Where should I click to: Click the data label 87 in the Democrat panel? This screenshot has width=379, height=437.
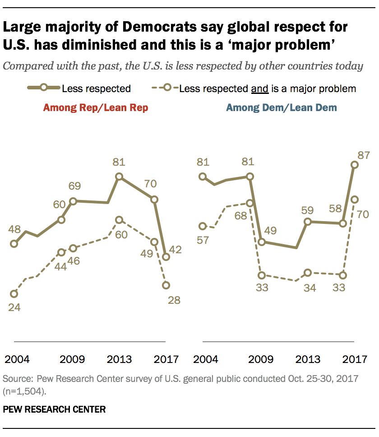pyautogui.click(x=364, y=156)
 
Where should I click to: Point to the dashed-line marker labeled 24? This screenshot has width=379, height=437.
pyautogui.click(x=14, y=294)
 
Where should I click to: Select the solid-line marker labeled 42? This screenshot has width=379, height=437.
pyautogui.click(x=166, y=257)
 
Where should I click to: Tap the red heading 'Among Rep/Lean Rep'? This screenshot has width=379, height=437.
pyautogui.click(x=95, y=108)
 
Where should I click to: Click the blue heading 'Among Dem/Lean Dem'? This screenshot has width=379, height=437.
pyautogui.click(x=282, y=108)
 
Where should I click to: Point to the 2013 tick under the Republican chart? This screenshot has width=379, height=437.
pyautogui.click(x=119, y=359)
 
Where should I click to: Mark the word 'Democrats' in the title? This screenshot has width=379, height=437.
pyautogui.click(x=139, y=28)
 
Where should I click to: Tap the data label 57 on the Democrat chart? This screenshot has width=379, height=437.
pyautogui.click(x=203, y=240)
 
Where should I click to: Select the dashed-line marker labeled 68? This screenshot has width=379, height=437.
pyautogui.click(x=250, y=203)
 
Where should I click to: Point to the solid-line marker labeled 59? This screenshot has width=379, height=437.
pyautogui.click(x=308, y=222)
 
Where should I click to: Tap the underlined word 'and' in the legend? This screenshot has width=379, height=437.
pyautogui.click(x=259, y=88)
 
